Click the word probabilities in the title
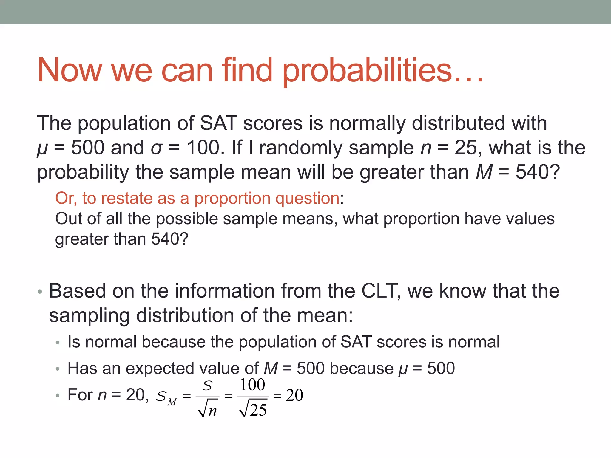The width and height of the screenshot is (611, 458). click(367, 71)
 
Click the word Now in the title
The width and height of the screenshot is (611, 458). click(69, 71)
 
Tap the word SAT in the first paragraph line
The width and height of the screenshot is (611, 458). click(219, 123)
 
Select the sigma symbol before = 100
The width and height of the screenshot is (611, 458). click(157, 148)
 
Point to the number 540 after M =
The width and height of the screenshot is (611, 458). click(531, 172)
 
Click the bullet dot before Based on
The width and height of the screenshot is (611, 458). click(40, 292)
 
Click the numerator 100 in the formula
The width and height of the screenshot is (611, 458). click(252, 385)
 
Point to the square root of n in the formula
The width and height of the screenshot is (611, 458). click(208, 410)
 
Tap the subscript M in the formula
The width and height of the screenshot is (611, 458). click(172, 402)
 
